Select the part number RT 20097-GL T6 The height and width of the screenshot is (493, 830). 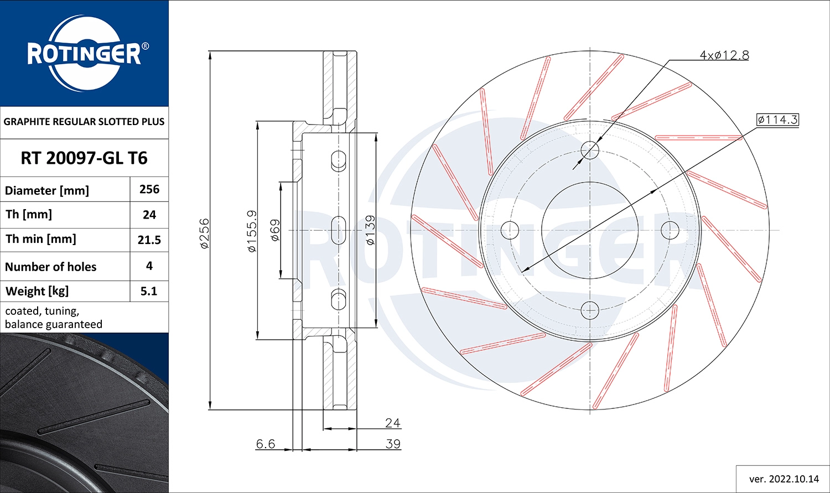(84, 158)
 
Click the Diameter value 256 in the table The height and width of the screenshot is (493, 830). (149, 189)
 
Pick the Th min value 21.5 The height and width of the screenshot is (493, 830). (149, 240)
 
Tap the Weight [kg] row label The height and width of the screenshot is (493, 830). (37, 292)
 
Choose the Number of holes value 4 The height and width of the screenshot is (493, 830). (149, 266)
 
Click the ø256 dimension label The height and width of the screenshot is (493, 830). (204, 233)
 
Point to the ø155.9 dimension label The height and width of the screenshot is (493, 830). (252, 231)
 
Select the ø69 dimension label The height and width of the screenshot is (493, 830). (275, 230)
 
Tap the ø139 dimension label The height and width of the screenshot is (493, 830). (370, 230)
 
